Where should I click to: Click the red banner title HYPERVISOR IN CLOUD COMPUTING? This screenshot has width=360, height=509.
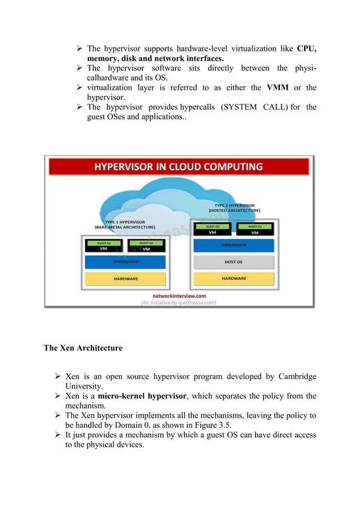[x=178, y=167]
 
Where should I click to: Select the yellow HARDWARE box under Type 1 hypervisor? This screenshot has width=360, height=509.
[x=126, y=278]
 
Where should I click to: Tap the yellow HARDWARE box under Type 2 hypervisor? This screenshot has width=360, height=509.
[x=234, y=278]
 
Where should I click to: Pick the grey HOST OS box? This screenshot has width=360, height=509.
[x=234, y=262]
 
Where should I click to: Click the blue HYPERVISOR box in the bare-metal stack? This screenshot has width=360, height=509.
[x=126, y=262]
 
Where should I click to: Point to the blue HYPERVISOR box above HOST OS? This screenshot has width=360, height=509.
[x=234, y=245]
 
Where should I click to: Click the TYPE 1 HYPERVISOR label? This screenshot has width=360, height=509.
[x=125, y=225]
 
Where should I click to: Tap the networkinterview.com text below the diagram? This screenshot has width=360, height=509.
[x=179, y=295]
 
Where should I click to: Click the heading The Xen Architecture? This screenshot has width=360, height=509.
[x=83, y=348]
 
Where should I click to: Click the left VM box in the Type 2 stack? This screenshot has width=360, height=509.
[x=212, y=229]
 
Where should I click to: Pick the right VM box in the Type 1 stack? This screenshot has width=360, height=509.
[x=146, y=247]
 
